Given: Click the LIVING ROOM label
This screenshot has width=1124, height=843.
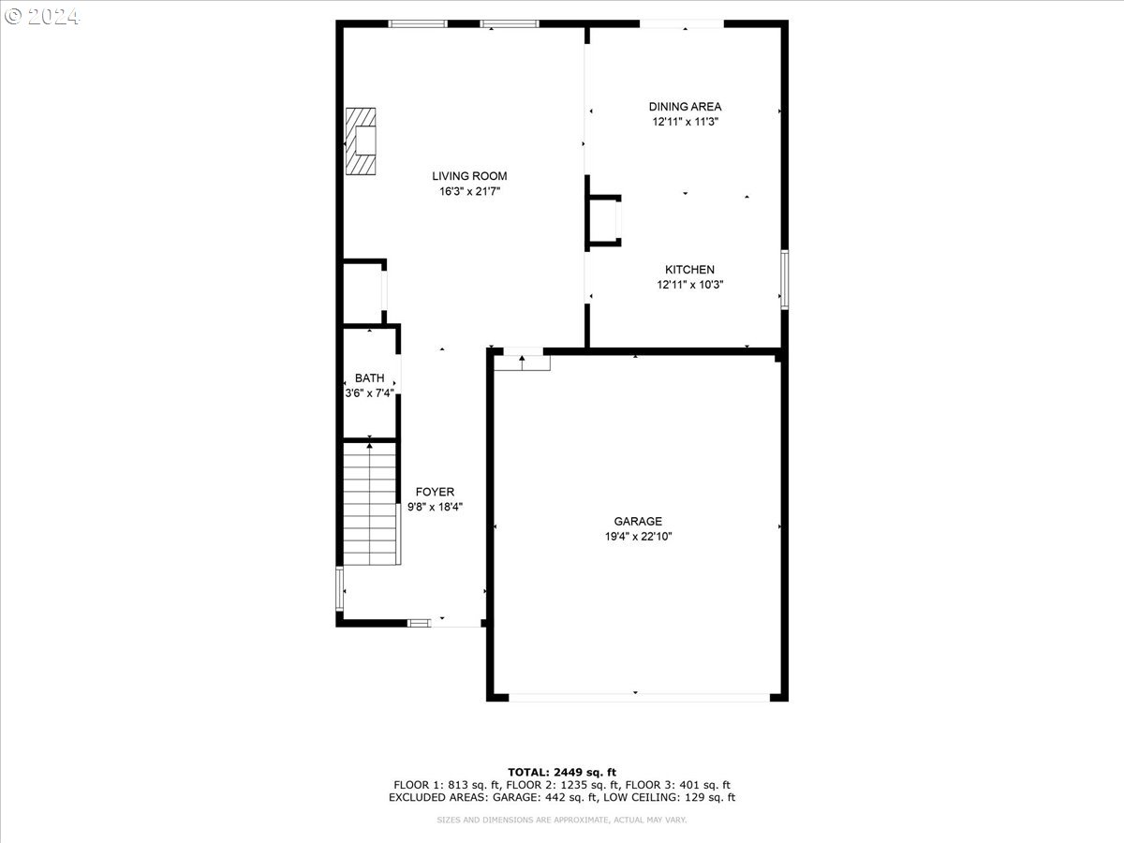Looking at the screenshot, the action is click(469, 176).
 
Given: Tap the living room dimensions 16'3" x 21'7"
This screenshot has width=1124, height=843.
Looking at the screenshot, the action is click(469, 191).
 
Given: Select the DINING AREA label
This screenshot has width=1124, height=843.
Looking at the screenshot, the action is click(685, 107).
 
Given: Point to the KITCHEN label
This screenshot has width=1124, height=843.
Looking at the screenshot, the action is click(689, 269).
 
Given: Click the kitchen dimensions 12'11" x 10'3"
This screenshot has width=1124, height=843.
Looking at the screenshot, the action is click(689, 285).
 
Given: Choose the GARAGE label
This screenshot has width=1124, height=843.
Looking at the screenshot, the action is click(638, 521).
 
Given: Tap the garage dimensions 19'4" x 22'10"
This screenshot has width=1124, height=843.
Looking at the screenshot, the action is click(638, 537).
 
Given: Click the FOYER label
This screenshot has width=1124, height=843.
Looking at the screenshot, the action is click(435, 492).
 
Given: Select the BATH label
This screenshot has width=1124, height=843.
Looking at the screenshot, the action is click(369, 377).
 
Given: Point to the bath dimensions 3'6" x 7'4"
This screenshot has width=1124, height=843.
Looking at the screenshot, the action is click(369, 393).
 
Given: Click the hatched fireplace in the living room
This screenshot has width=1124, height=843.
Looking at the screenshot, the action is click(361, 141).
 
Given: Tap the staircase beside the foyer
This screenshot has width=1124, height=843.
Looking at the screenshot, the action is click(371, 504).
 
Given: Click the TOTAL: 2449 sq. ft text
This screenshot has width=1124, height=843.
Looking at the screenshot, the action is click(562, 773).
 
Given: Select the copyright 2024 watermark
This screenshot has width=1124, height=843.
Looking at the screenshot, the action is click(41, 17).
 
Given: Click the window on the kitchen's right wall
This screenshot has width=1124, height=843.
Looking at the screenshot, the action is click(784, 279).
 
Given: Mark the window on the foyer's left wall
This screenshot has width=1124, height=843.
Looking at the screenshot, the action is click(339, 588).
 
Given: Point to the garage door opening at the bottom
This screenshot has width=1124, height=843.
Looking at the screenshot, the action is click(639, 698).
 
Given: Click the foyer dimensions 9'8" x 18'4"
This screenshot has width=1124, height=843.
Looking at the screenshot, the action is click(435, 508).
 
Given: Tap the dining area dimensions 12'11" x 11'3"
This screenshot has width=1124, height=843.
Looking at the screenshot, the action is click(685, 122).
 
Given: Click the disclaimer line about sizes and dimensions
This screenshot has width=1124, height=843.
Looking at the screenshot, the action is click(561, 820).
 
